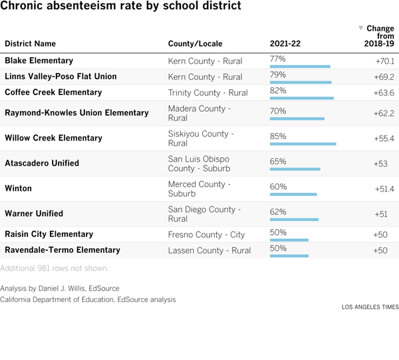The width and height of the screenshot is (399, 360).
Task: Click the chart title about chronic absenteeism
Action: (120, 7)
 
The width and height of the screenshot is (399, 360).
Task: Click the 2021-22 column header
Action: (285, 44)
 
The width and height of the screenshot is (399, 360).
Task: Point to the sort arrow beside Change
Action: (360, 28)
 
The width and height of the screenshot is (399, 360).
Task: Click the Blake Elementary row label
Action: (39, 61)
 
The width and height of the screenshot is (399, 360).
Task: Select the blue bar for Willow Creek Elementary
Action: (303, 144)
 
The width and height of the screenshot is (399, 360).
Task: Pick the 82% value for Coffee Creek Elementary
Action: (278, 90)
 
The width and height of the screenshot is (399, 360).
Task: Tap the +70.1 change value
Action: (384, 61)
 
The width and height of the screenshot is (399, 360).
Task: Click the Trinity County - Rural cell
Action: (207, 92)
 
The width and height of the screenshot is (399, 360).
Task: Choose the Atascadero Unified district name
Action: (42, 163)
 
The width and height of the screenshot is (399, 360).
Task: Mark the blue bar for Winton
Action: (293, 194)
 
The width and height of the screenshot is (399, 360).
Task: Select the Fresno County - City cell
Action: (206, 234)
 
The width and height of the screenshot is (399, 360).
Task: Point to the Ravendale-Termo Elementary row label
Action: (63, 250)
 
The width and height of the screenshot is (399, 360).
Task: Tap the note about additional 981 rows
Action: (54, 269)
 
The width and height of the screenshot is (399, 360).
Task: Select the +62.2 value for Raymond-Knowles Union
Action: (384, 113)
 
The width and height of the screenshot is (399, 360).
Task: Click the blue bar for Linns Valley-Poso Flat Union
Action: (301, 83)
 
